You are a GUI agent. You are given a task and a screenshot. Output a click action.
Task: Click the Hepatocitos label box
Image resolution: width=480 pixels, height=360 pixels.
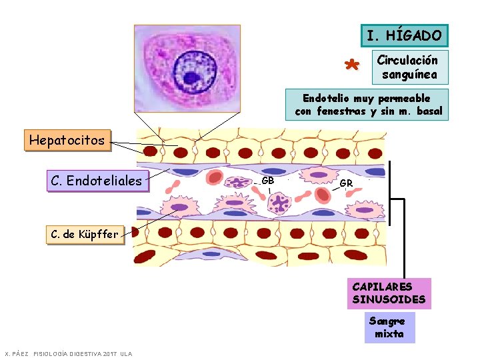pos(67,140)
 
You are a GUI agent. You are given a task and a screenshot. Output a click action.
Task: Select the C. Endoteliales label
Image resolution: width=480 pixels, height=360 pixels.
pos(97,181)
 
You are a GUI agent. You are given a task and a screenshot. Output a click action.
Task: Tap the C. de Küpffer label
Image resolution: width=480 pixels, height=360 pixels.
pos(85,235)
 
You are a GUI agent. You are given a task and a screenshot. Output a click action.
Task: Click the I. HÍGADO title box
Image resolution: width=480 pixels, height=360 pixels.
pos(405,35)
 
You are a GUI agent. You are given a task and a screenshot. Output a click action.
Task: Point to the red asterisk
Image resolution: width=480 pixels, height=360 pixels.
pos(352,65)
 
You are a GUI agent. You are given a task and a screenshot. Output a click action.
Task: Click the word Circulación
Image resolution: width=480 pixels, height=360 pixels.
pos(407,60)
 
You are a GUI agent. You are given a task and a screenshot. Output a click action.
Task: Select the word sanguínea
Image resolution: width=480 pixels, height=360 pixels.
pos(409,75)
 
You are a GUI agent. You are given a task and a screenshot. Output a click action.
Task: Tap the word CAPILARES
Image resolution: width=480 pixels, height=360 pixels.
pos(383,287)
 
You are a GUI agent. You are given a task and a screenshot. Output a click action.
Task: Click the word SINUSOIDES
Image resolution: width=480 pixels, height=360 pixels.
pos(389,299)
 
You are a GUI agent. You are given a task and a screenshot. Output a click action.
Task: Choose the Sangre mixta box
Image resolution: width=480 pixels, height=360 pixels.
pos(390,327)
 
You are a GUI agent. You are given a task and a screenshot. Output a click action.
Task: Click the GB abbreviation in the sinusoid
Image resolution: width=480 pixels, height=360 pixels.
pos(267,181)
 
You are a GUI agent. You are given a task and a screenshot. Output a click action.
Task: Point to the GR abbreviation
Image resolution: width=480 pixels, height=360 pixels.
pos(346,183)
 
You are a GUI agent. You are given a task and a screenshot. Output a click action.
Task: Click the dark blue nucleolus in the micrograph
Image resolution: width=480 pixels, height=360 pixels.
pos(191,78)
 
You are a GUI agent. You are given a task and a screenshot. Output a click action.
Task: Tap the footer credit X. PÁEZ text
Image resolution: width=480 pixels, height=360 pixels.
pos(17,354)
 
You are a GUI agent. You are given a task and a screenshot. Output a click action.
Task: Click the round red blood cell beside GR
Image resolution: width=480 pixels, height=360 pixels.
pos(323,195)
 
